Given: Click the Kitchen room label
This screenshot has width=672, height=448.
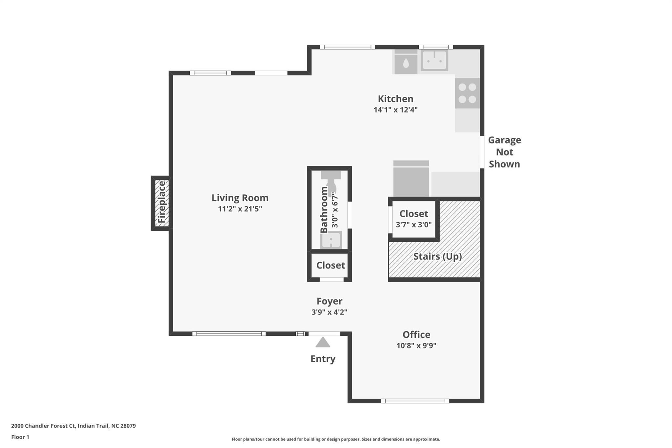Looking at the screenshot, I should pos(395,99).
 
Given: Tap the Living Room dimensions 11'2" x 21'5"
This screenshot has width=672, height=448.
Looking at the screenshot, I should pos(240,209).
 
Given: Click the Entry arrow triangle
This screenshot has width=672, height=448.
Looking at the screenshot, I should pos(323,342).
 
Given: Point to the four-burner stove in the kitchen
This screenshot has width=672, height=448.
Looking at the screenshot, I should pos(467,93).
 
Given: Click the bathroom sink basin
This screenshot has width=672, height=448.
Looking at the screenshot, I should pos(331,240).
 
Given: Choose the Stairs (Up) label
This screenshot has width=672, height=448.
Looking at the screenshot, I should pos(437,256).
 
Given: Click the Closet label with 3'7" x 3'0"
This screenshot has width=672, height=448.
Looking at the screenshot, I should pos(413,214).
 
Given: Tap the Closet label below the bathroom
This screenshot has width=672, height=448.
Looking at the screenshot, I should pos(330,265).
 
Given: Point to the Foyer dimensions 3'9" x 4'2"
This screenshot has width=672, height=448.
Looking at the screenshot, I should pos(329,312).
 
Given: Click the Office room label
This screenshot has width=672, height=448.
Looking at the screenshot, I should pos(416,334).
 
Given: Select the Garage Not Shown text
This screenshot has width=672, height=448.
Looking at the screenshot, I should pos(504,152).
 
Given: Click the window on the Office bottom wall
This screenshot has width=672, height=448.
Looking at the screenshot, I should pos(415,401).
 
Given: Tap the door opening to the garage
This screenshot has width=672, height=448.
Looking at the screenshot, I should pos(482,152).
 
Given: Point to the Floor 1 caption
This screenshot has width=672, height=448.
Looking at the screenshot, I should pos(20,437).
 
